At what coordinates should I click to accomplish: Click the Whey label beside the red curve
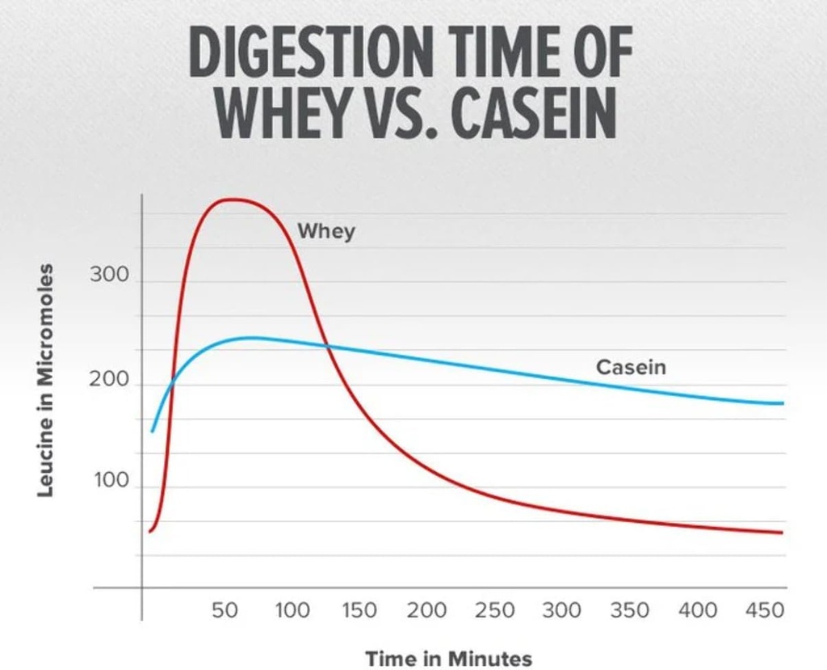pyautogui.click(x=326, y=231)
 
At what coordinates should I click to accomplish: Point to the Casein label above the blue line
pyautogui.click(x=631, y=368)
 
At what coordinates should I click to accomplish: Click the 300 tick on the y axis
pyautogui.click(x=108, y=275)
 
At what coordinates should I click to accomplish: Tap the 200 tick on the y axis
pyautogui.click(x=108, y=378)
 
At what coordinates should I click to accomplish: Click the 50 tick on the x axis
pyautogui.click(x=225, y=610)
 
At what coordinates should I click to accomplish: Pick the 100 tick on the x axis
pyautogui.click(x=292, y=610)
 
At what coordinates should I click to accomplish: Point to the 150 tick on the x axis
pyautogui.click(x=359, y=610)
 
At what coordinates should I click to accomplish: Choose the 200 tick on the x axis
pyautogui.click(x=426, y=610)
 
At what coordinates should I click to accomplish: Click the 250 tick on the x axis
pyautogui.click(x=493, y=610)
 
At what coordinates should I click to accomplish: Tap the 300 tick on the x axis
pyautogui.click(x=561, y=610)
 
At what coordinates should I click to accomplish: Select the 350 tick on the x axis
pyautogui.click(x=628, y=610)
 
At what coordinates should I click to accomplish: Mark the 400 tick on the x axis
pyautogui.click(x=696, y=610)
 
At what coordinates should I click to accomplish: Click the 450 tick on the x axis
pyautogui.click(x=762, y=610)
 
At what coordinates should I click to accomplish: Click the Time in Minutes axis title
pyautogui.click(x=448, y=658)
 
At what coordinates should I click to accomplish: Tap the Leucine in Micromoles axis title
pyautogui.click(x=46, y=380)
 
